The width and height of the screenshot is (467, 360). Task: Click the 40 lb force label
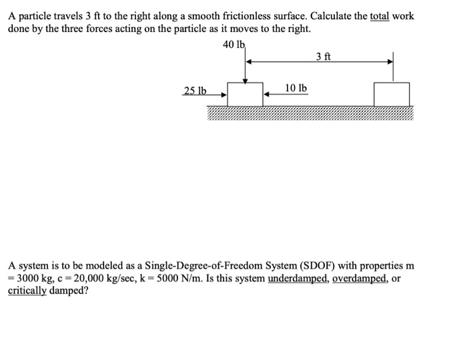[233, 45]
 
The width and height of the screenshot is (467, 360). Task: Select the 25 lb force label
[195, 91]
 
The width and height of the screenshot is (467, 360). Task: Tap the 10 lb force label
[296, 88]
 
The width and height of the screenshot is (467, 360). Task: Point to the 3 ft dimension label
[324, 56]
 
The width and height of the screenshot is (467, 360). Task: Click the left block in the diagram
[245, 94]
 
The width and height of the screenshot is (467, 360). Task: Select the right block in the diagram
[392, 94]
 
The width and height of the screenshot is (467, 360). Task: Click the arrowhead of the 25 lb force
[224, 95]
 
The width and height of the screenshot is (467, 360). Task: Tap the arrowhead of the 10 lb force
[267, 94]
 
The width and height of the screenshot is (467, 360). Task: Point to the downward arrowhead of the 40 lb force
[245, 81]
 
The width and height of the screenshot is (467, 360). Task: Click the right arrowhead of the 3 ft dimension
[390, 62]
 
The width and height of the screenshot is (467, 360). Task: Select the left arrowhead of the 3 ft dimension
[249, 62]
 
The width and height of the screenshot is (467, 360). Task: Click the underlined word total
[380, 16]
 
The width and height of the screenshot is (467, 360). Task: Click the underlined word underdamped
[298, 279]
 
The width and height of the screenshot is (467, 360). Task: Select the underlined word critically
[27, 291]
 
